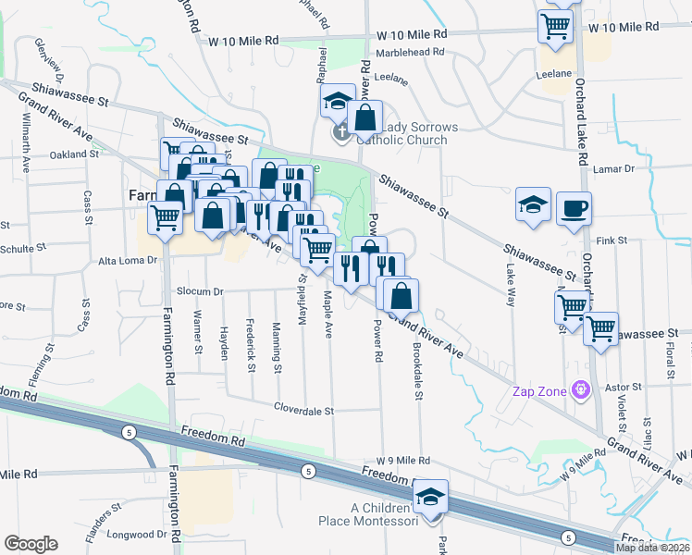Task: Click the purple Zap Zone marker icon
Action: tap(581, 391)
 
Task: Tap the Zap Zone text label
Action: tap(539, 391)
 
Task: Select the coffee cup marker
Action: tap(574, 209)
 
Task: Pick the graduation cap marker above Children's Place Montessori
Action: tap(430, 497)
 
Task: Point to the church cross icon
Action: tap(341, 133)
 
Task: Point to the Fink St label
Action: tap(612, 240)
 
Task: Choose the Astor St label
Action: tap(623, 386)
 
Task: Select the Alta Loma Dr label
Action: tap(129, 261)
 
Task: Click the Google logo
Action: tap(31, 544)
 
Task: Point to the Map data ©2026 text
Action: tap(651, 548)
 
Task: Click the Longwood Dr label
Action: tap(135, 535)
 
